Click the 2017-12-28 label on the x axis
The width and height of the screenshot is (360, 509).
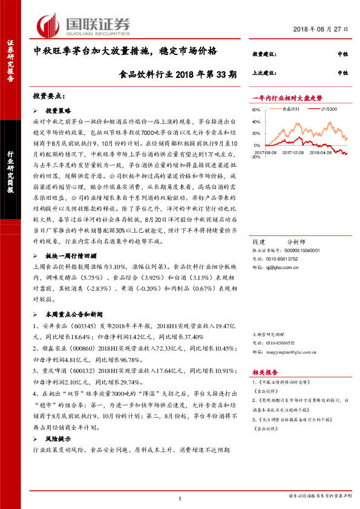(x=294, y=154)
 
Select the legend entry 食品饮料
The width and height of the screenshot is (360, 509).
(x=290, y=109)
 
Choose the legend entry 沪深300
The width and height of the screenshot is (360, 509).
(x=329, y=109)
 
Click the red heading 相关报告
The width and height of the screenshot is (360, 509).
(x=264, y=372)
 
